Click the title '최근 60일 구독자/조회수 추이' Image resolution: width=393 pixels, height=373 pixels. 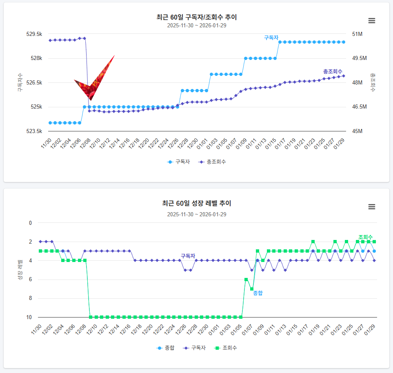tap(196, 17)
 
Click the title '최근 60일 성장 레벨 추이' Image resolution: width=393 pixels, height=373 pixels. tap(196, 203)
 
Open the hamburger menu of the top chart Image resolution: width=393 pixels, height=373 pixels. tap(371, 21)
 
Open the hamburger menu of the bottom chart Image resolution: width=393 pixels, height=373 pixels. tap(371, 206)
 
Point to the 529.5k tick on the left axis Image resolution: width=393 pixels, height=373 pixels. tap(34, 34)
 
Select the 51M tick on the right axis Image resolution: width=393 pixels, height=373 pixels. tap(357, 34)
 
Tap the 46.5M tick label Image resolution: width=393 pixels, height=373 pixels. tap(360, 107)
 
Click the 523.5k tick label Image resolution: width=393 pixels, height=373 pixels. tap(34, 131)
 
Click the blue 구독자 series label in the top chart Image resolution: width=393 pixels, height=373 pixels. tap(271, 38)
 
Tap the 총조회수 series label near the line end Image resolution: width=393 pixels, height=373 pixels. tap(333, 71)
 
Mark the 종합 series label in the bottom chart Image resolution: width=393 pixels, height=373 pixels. tap(258, 293)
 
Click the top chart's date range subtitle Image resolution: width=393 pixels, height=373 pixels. tap(196, 25)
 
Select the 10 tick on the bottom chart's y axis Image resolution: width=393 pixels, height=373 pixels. tap(29, 317)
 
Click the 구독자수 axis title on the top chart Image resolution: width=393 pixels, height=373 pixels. tap(20, 82)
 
